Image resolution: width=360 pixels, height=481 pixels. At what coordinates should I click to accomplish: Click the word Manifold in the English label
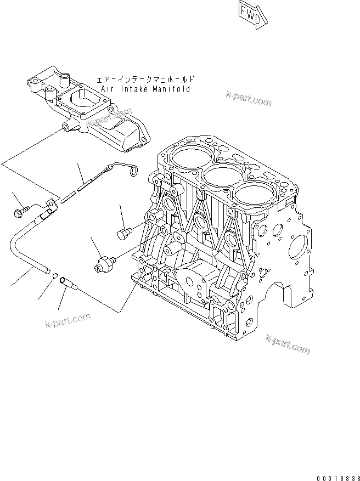172,89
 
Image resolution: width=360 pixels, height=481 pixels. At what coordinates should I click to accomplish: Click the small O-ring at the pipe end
55,276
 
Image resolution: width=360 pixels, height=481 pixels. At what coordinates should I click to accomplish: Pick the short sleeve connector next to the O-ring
68,282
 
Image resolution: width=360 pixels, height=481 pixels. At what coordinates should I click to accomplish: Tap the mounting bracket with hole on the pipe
50,205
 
